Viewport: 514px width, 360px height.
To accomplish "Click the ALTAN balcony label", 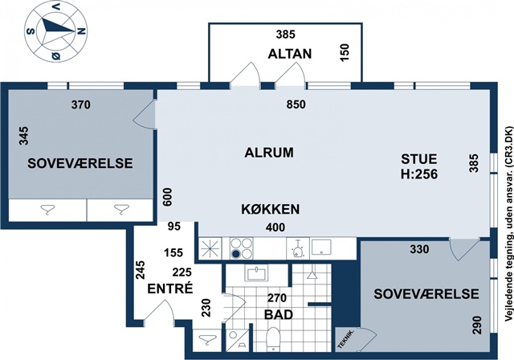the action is pyautogui.click(x=290, y=54).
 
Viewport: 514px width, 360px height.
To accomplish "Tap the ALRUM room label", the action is pyautogui.click(x=269, y=153).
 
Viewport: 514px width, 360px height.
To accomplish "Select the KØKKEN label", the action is pyautogui.click(x=271, y=209).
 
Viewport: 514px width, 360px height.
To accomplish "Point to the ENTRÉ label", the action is pyautogui.click(x=169, y=288).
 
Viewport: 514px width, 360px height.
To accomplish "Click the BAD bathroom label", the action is pyautogui.click(x=279, y=315).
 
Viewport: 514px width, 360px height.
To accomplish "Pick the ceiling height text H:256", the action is pyautogui.click(x=419, y=174).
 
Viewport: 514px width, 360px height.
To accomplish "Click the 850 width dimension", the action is pyautogui.click(x=296, y=104).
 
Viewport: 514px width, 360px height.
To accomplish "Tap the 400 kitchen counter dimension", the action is pyautogui.click(x=275, y=227).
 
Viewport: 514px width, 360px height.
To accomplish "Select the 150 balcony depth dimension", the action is pyautogui.click(x=345, y=53).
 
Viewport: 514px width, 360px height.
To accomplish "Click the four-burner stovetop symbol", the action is pyautogui.click(x=242, y=248).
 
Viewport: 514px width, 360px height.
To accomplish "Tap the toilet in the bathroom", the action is pyautogui.click(x=273, y=338).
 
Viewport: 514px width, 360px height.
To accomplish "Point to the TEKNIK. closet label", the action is pyautogui.click(x=345, y=339).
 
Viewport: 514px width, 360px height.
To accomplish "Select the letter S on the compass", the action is pyautogui.click(x=31, y=31).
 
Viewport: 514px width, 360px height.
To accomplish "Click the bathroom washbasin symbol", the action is pyautogui.click(x=256, y=272).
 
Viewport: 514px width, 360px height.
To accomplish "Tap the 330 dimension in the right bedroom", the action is pyautogui.click(x=419, y=249).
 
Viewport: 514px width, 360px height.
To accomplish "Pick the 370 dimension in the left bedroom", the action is pyautogui.click(x=80, y=105).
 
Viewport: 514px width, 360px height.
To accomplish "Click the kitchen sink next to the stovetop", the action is pyautogui.click(x=321, y=247).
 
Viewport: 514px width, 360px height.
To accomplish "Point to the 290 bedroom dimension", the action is pyautogui.click(x=477, y=325).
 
